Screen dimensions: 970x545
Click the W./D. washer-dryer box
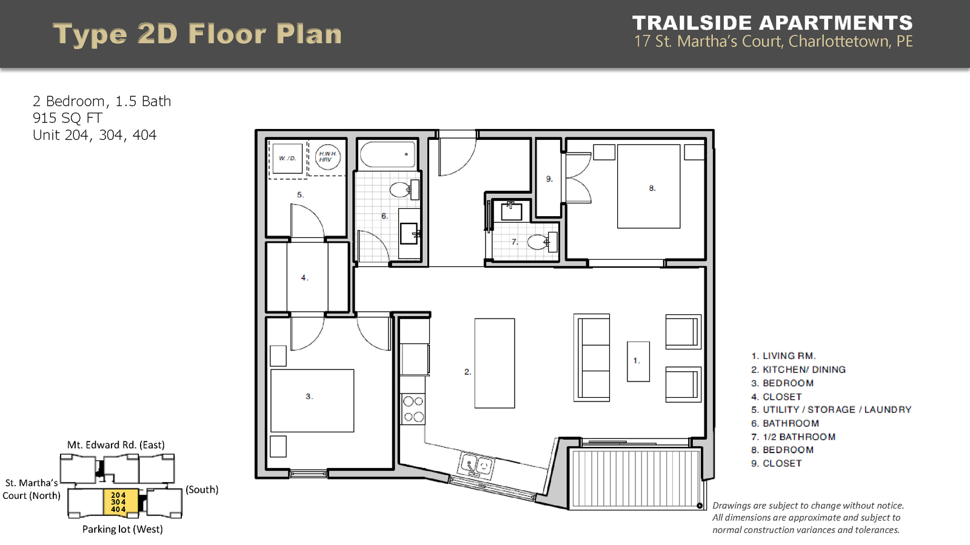coord(287,158)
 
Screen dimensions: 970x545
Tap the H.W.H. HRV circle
coord(328,157)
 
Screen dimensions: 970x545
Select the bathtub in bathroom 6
coord(388,154)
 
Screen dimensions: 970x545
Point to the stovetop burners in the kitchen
coord(413,409)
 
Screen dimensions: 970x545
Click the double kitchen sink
coord(476,466)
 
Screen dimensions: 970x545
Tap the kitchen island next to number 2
coord(495,363)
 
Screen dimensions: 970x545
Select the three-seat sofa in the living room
coord(592,358)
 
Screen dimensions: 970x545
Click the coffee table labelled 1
coord(638,362)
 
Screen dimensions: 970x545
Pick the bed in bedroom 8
coord(648,187)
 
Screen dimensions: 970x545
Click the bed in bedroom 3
coord(312,400)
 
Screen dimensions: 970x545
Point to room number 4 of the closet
coord(304,278)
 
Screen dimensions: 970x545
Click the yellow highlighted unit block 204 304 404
coord(121,502)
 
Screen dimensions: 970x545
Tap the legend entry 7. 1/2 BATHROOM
coord(794,437)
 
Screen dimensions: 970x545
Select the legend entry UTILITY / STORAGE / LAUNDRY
coord(837,409)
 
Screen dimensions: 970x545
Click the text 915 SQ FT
coord(67,117)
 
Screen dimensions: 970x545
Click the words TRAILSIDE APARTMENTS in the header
coord(772,23)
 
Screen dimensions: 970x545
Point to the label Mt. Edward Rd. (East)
coord(116,444)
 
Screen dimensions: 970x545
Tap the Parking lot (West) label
coord(122,529)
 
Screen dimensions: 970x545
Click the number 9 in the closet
coord(549,179)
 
